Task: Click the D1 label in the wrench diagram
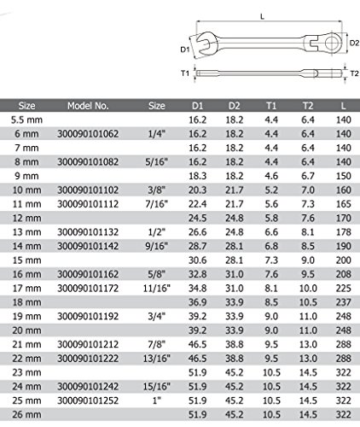click(185, 50)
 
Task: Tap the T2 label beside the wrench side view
click(354, 73)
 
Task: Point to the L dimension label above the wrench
click(262, 17)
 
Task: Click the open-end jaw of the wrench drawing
click(207, 44)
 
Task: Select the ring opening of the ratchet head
click(332, 44)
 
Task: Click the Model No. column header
click(88, 106)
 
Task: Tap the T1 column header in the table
click(271, 106)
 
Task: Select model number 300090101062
click(88, 134)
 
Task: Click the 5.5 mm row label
click(26, 120)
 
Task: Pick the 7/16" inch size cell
click(157, 204)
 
